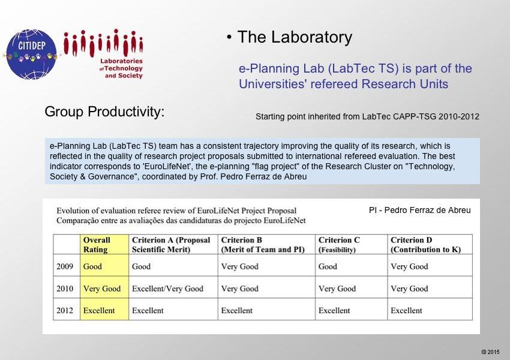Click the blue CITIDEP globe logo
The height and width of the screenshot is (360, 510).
pos(31,55)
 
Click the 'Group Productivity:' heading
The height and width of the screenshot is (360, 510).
pos(104,112)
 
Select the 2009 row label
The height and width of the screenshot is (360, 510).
pos(65,266)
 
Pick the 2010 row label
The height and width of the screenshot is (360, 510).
pos(65,289)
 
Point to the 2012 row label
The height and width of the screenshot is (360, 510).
pos(65,310)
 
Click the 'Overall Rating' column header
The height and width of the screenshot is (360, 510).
pos(97,245)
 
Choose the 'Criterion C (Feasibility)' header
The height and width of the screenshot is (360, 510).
pos(339,245)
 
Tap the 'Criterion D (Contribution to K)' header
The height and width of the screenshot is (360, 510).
pos(426,245)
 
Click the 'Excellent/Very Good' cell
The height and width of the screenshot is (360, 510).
pos(167,289)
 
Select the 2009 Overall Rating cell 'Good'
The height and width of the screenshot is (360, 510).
pos(92,266)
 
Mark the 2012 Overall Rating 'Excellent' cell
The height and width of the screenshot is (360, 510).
pos(99,310)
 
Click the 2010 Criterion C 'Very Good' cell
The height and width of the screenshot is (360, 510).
pos(337,289)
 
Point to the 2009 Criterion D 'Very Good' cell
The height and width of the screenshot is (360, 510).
pos(409,266)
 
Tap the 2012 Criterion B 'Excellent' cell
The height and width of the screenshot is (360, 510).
pos(237,310)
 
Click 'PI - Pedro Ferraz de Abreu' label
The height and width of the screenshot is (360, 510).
pos(420,210)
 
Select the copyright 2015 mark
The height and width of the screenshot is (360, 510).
pos(490,352)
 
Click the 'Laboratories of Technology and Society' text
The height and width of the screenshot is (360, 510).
pos(121,68)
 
